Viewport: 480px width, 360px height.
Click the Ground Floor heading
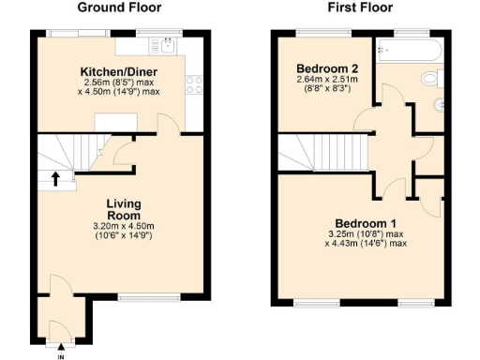click(x=118, y=7)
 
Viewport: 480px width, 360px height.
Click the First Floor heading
click(x=360, y=7)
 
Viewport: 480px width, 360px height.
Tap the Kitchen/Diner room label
click(x=118, y=71)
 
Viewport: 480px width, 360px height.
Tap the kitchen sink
click(x=167, y=44)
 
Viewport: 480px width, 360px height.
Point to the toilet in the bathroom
click(x=432, y=78)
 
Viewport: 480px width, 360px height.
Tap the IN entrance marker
click(x=60, y=355)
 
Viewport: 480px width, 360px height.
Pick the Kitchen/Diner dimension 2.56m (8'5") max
click(x=118, y=82)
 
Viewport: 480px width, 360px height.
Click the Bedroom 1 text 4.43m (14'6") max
click(x=367, y=244)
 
